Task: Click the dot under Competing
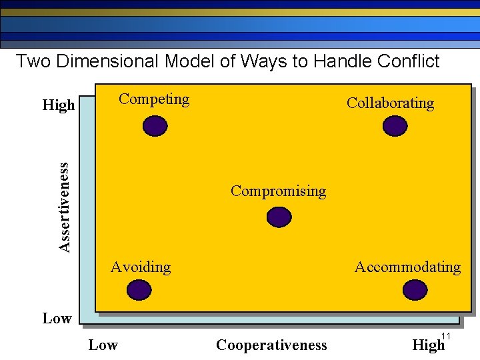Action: [155, 126]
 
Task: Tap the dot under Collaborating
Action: [395, 126]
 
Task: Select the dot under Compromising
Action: [279, 217]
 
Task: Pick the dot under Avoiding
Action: [139, 290]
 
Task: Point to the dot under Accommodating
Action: [415, 290]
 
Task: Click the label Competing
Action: [154, 99]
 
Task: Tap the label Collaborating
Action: [390, 103]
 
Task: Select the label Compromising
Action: [278, 191]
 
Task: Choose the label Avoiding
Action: [141, 267]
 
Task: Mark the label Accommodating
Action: [407, 267]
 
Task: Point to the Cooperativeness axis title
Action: [271, 345]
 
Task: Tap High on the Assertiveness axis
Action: [59, 105]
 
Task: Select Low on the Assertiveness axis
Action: [57, 319]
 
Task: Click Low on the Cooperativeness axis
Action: [103, 345]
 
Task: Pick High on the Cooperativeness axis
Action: [428, 345]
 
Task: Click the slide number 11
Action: [447, 335]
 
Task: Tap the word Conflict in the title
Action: [407, 61]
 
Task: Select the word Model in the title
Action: [189, 61]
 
